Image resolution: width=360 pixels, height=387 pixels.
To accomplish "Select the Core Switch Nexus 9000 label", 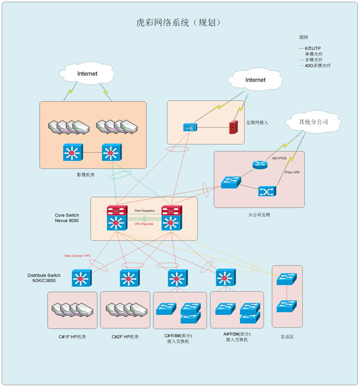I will tap(67, 218).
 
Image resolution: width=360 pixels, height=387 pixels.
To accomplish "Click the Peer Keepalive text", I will tap(145, 210).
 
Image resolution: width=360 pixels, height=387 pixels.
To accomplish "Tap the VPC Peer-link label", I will tap(144, 224).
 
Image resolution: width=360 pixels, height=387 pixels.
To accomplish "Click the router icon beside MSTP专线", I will tap(259, 165).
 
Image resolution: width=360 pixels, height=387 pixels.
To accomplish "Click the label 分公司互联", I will tap(259, 215).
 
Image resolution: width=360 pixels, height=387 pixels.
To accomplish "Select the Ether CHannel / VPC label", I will tap(77, 256).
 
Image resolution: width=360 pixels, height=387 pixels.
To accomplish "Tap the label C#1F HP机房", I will tap(72, 336).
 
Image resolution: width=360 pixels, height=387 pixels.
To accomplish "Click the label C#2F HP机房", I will tap(125, 336).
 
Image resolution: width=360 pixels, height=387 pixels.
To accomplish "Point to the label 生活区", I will tap(287, 336).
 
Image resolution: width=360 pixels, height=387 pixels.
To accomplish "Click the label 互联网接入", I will tap(257, 122).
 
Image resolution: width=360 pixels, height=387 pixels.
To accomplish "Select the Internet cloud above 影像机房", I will tap(87, 74).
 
